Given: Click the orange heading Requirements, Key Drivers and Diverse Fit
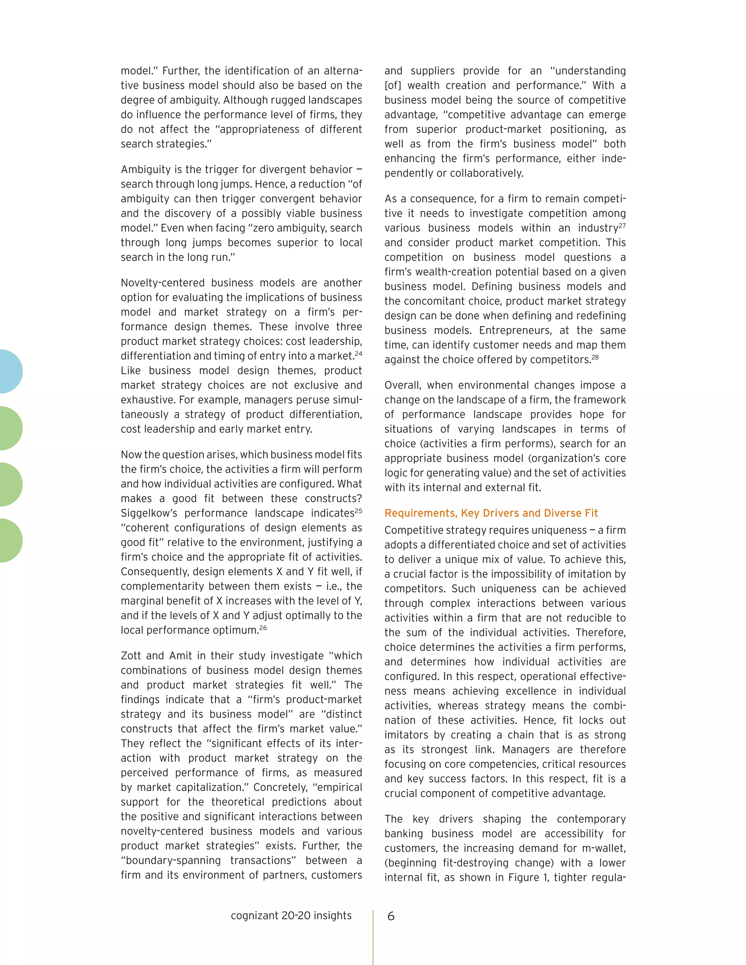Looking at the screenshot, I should (491, 513).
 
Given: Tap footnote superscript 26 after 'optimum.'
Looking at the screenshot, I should (263, 627).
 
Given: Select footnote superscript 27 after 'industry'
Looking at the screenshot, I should (622, 225).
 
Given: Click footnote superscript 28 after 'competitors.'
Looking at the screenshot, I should (595, 357).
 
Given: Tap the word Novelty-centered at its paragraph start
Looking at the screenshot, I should (162, 283).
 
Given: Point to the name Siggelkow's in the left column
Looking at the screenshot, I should (149, 513).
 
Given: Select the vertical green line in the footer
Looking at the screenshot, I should (373, 937).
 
